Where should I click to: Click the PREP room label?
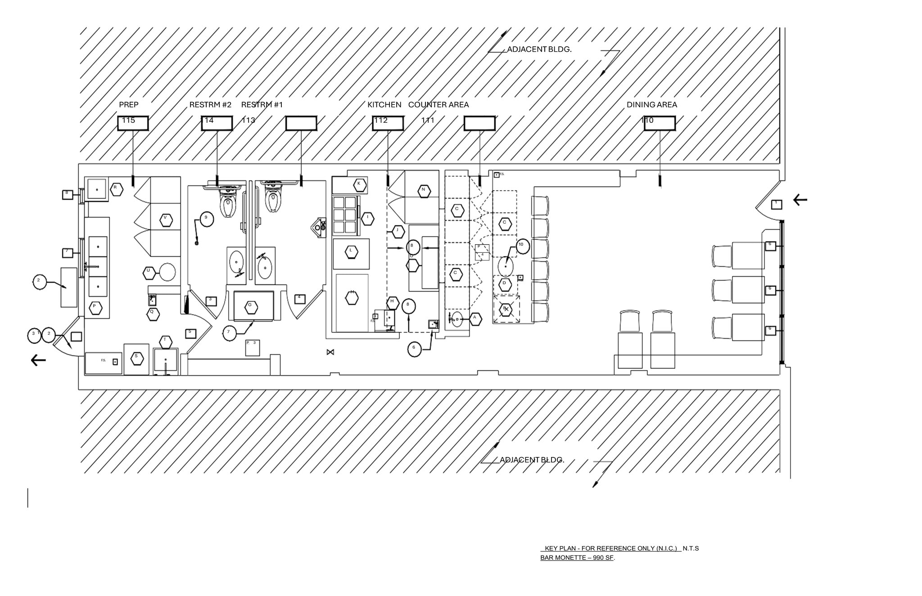coord(129,105)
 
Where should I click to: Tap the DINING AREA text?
coord(651,105)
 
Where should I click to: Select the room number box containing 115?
coord(133,123)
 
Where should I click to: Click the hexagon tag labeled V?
coord(166,220)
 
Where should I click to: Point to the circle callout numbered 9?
coord(206,219)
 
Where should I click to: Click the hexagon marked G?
coord(251,307)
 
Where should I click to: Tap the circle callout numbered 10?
coord(521,246)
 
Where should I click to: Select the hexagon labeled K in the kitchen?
coord(359,184)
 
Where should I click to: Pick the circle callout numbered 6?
coord(414,349)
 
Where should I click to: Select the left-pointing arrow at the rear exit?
coord(38,360)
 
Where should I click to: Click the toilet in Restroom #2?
coord(228,204)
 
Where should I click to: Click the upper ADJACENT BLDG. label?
coord(539,49)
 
